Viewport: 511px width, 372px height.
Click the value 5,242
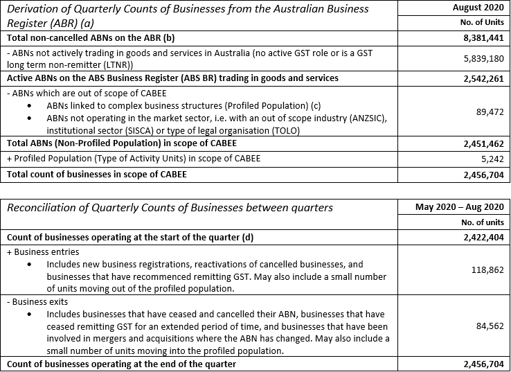pyautogui.click(x=490, y=159)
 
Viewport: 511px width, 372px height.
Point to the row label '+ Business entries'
pyautogui.click(x=42, y=252)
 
